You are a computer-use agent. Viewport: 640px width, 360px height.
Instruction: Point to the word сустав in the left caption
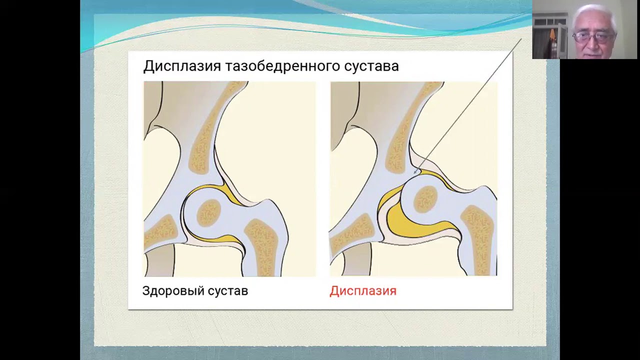tap(227, 291)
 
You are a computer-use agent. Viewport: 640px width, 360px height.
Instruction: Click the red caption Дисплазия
tap(362, 291)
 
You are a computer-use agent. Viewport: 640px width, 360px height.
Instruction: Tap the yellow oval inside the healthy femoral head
tap(209, 212)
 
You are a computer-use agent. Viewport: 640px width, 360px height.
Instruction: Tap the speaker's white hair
tap(594, 12)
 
